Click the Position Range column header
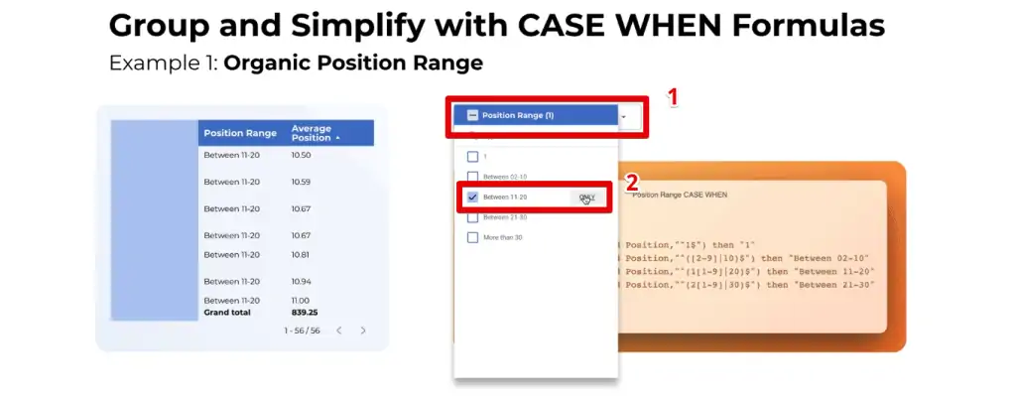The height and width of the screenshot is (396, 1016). tap(239, 133)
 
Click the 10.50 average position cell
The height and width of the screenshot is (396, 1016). tap(302, 156)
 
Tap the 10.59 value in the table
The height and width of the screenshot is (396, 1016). tap(302, 183)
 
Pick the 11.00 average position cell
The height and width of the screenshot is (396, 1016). tap(301, 301)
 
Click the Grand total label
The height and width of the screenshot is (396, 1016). tap(227, 312)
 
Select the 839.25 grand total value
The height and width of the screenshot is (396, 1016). tap(305, 312)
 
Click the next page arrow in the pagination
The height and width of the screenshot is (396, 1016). tap(363, 330)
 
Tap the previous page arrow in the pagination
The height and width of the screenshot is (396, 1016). tap(338, 330)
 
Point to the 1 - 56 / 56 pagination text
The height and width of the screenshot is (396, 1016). tap(302, 330)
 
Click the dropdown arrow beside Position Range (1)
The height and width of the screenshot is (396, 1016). tap(623, 116)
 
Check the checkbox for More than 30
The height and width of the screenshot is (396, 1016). tap(472, 237)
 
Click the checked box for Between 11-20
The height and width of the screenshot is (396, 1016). tap(472, 197)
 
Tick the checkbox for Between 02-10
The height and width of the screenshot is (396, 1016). tap(472, 177)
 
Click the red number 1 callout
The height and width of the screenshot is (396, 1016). tap(673, 97)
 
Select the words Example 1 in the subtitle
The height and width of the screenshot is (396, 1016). tap(163, 64)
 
